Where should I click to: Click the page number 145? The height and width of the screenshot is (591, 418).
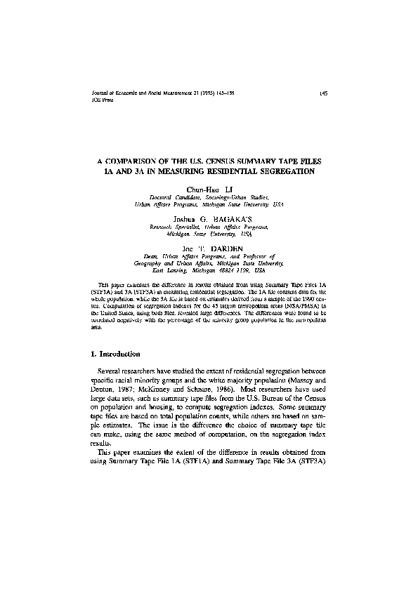point(322,93)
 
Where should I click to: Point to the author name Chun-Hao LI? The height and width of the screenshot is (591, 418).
point(209,190)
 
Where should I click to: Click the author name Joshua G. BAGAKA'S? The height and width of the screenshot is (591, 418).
point(209,219)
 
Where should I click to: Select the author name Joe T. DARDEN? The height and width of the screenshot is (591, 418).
point(209,249)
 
